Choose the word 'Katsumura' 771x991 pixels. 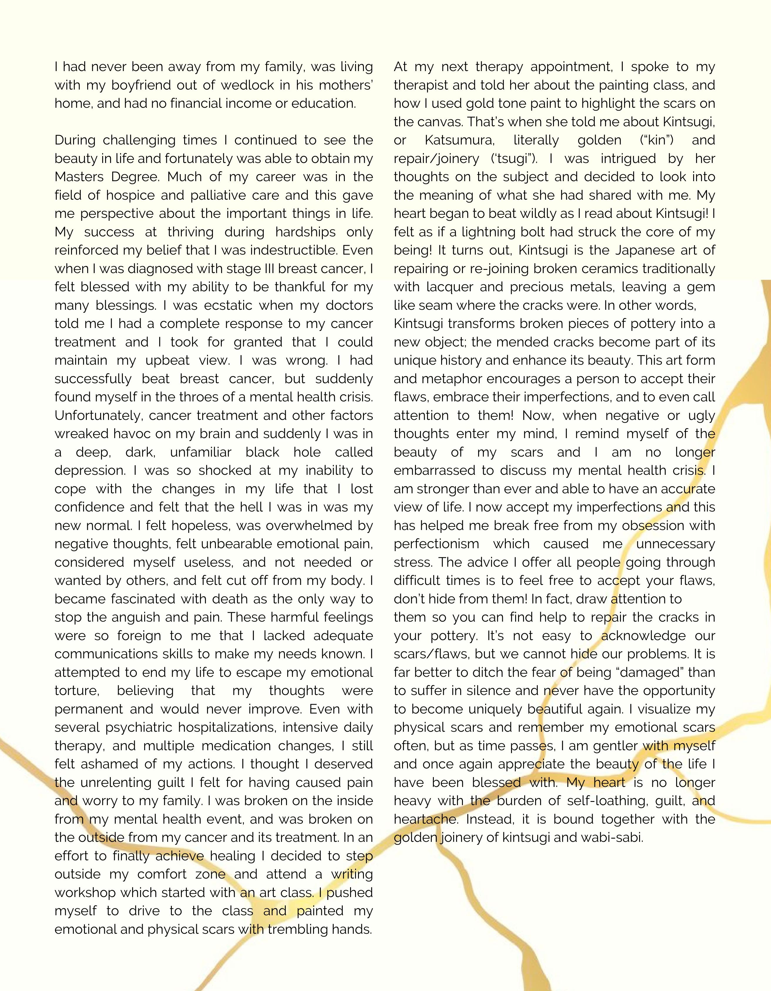click(458, 140)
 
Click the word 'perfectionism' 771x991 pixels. click(436, 544)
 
